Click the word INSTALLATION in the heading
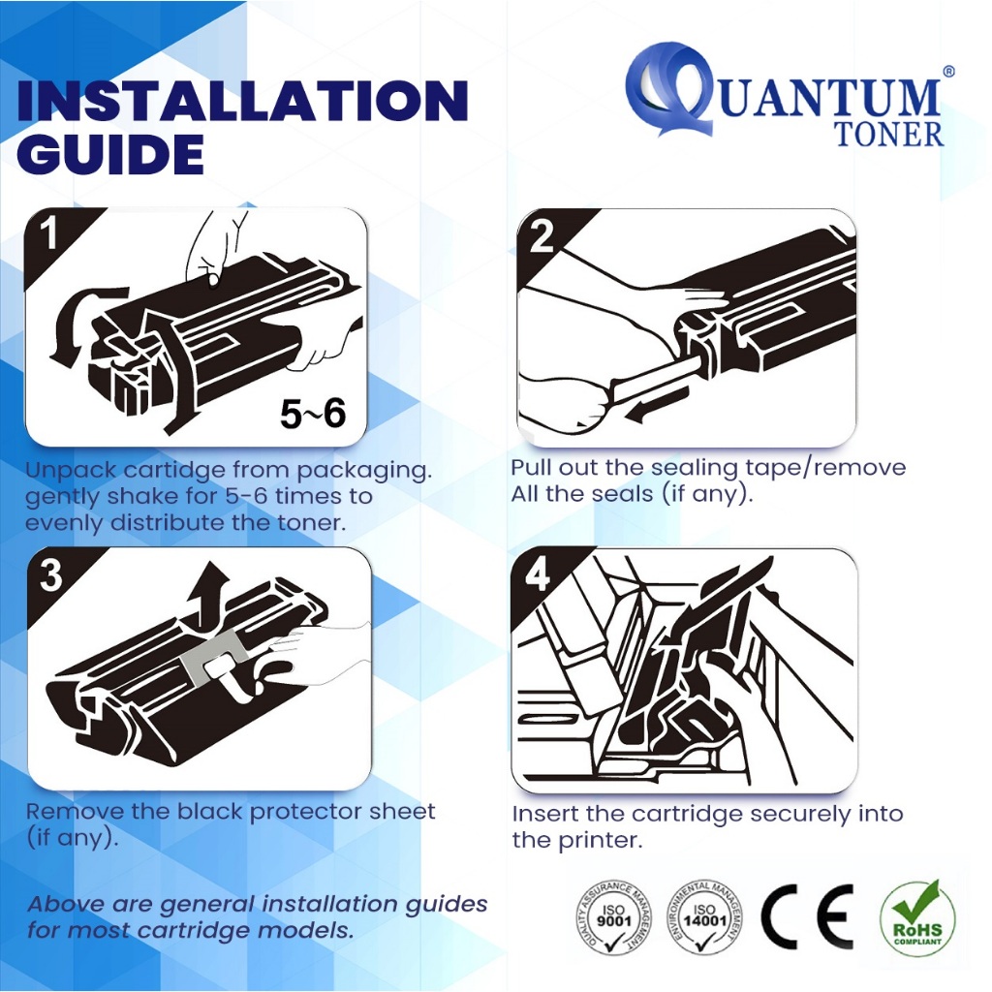coord(242,101)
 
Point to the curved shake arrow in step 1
coord(67,329)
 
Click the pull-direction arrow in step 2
coord(655,405)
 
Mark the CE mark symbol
coord(807,916)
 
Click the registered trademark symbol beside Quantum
coord(948,72)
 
